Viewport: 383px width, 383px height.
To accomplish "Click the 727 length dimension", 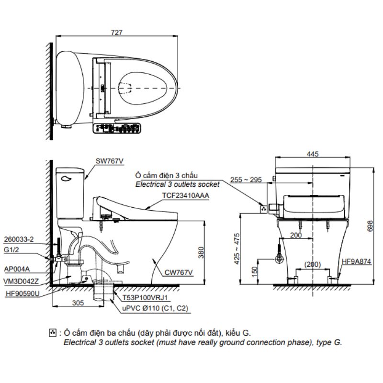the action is point(116,33).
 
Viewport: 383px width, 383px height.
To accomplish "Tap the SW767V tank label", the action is point(110,161).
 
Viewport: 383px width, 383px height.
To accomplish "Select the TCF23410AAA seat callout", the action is point(186,195).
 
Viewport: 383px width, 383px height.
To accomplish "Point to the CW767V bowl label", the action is point(179,272).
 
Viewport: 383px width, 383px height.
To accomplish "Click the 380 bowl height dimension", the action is point(201,252).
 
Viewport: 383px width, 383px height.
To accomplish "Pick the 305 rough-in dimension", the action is point(78,303).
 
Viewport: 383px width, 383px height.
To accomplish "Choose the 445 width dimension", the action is point(313,154).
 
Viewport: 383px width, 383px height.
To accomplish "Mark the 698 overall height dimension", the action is point(370,226).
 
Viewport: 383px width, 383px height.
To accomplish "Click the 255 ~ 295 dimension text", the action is point(246,180).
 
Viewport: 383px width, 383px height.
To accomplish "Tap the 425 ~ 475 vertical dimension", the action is point(237,248).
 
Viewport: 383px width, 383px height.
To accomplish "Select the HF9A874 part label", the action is point(356,261).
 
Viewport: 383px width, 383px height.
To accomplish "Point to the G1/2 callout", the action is point(11,249).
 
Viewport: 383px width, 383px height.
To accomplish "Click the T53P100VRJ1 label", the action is point(145,297).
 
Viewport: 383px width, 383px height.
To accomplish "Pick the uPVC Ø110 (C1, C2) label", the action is point(155,308).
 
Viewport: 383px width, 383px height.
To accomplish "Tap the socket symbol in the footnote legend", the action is point(53,333).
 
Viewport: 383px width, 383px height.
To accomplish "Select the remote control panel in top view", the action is point(117,128).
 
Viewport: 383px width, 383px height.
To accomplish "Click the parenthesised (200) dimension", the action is point(313,264).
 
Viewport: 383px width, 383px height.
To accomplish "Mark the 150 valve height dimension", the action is point(254,271).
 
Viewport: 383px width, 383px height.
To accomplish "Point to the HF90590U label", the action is point(23,293).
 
